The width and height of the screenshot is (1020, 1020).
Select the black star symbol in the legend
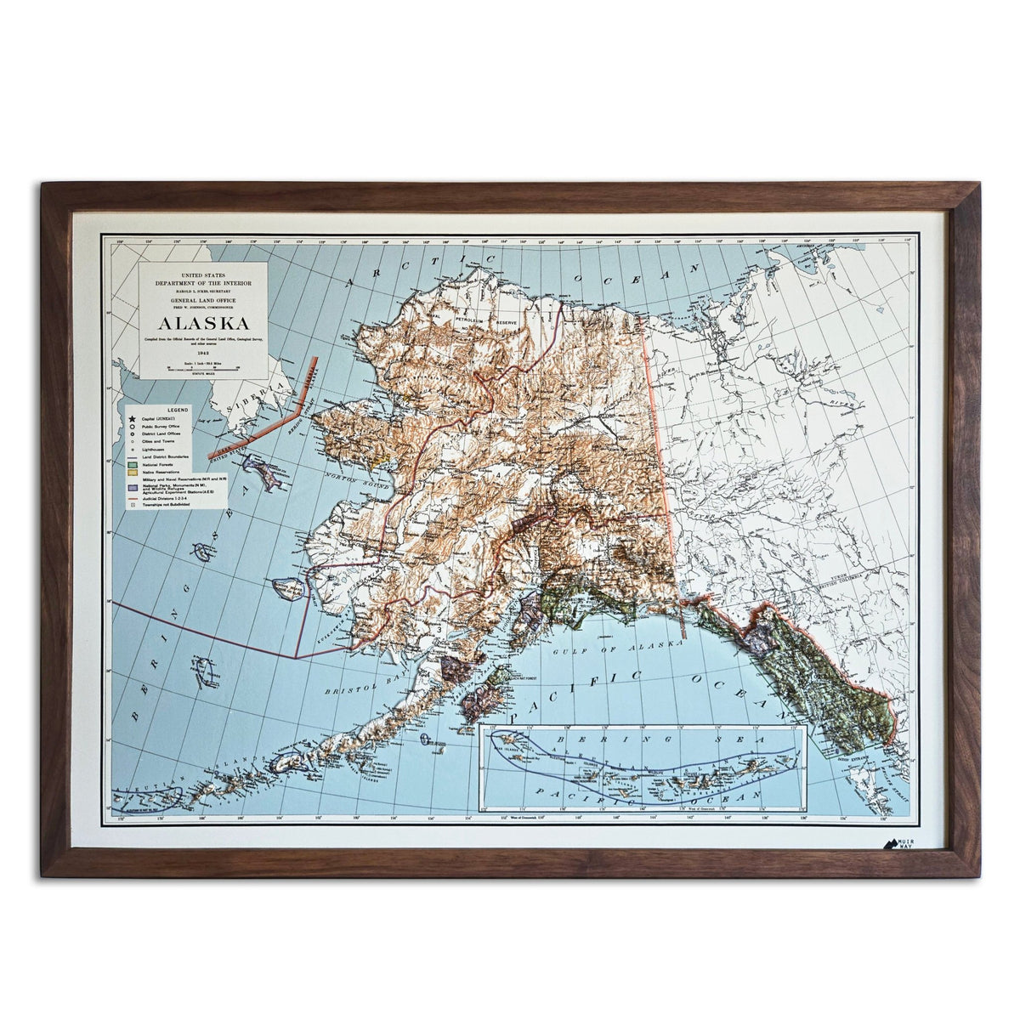tap(133, 419)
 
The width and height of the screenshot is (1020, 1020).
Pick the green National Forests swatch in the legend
tap(132, 466)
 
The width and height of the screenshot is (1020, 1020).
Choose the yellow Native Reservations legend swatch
tap(132, 473)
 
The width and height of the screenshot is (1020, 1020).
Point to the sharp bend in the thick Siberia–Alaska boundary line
tap(297, 411)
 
